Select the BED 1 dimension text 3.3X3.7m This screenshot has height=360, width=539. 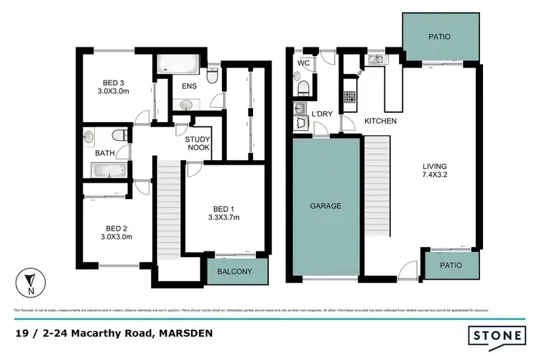point(224,216)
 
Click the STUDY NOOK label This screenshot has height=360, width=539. point(198,143)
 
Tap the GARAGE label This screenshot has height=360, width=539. point(326,206)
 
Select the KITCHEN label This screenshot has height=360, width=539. point(380,121)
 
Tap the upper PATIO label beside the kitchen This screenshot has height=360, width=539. point(441,35)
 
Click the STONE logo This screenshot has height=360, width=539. point(496,335)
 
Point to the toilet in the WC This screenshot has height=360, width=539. point(303,88)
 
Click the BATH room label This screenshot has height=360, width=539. point(106,153)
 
